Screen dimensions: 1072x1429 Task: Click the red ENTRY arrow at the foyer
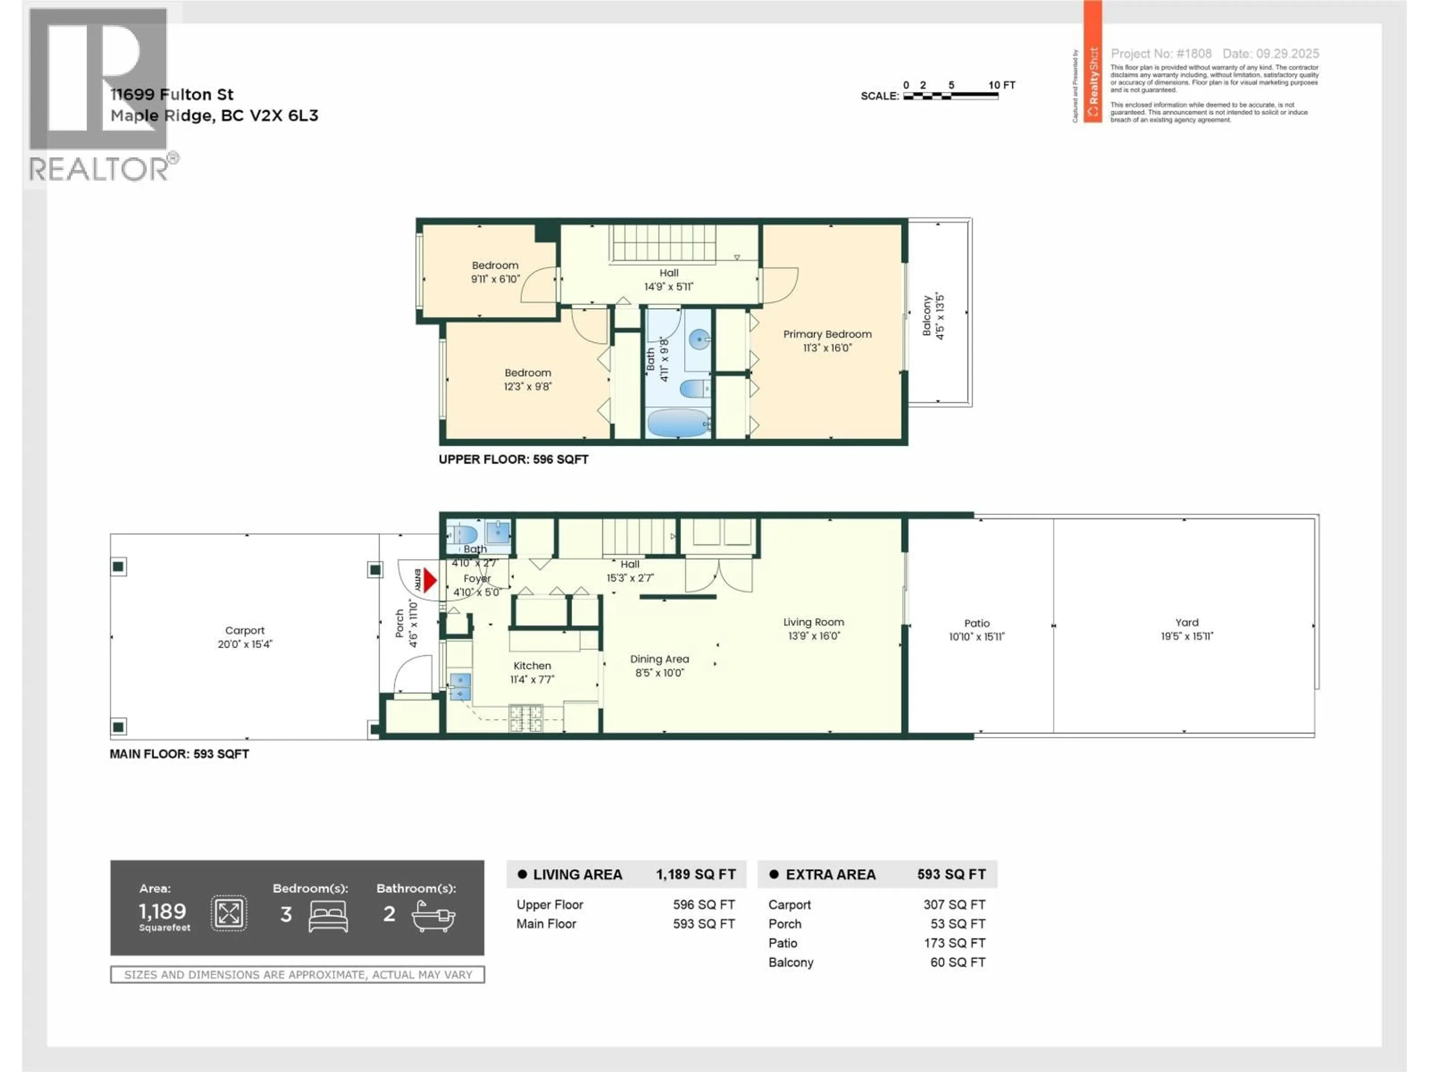pyautogui.click(x=429, y=580)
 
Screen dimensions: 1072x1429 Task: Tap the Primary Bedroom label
pyautogui.click(x=827, y=334)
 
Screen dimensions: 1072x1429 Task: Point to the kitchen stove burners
pyautogui.click(x=526, y=717)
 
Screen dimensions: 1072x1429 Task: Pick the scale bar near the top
pyautogui.click(x=950, y=96)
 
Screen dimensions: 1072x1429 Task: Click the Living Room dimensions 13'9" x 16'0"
pyautogui.click(x=813, y=636)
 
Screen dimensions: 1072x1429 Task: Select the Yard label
pyautogui.click(x=1187, y=622)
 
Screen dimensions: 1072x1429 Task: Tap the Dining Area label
pyautogui.click(x=659, y=659)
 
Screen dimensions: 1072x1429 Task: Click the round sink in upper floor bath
pyautogui.click(x=699, y=339)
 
